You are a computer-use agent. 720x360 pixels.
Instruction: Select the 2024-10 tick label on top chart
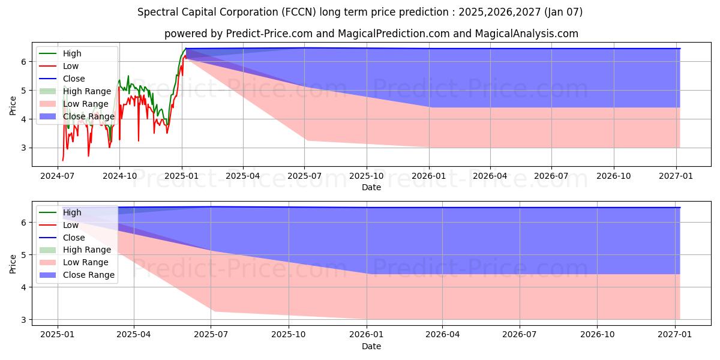point(119,176)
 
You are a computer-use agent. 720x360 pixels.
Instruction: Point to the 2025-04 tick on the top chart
point(243,176)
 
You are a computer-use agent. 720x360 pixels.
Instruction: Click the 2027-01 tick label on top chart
point(676,176)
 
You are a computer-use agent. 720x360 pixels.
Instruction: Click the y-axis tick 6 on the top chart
point(25,62)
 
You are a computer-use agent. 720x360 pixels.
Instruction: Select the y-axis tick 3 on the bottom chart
point(25,320)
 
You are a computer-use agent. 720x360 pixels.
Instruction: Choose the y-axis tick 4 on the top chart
point(25,119)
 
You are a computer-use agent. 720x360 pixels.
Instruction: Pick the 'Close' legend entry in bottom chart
point(73,238)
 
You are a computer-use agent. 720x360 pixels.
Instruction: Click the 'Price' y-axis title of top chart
point(13,105)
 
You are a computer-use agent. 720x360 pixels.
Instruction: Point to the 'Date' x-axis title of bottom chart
point(371,346)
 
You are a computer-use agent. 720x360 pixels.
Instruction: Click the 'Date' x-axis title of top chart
point(371,187)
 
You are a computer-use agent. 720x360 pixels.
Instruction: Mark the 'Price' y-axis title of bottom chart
point(13,264)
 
